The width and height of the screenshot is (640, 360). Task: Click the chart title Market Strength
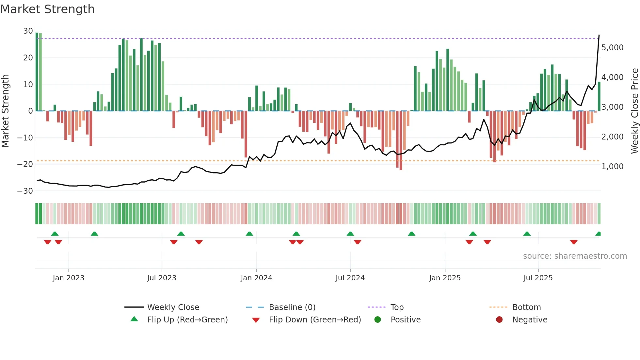(x=47, y=9)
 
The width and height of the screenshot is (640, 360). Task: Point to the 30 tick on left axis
(x=28, y=31)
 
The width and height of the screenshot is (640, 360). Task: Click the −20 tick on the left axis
(x=25, y=164)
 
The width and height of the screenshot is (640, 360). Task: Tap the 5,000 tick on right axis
(x=612, y=48)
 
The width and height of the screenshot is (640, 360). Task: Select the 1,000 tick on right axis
(x=612, y=167)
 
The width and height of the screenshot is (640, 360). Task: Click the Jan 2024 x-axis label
(x=256, y=278)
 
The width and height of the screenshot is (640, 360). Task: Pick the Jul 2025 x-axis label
(x=538, y=278)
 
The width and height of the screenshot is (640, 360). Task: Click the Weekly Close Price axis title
(x=634, y=111)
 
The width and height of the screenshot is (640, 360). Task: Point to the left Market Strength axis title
(x=5, y=111)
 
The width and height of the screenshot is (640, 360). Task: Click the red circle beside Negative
(x=499, y=319)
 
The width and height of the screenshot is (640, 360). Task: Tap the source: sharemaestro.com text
(x=575, y=256)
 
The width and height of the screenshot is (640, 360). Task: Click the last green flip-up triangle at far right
(x=598, y=234)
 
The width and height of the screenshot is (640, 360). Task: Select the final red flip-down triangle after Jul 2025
(x=574, y=242)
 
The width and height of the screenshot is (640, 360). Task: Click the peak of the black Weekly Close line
(x=599, y=35)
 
